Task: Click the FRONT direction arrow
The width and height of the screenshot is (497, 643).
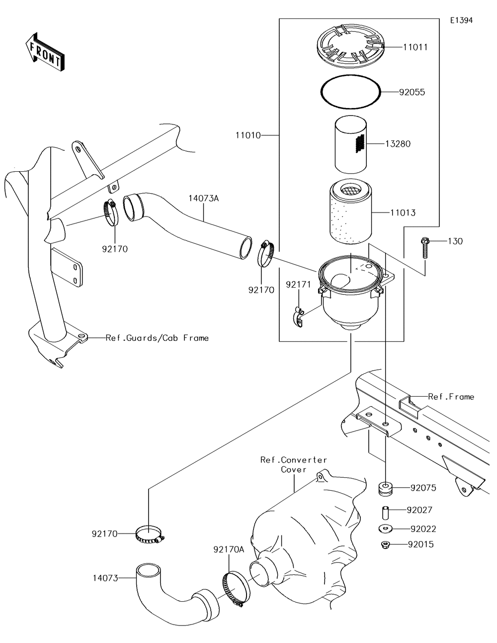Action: pos(45,51)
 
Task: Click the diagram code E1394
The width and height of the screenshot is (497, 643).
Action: pos(461,20)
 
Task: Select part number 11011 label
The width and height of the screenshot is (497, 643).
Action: pos(415,47)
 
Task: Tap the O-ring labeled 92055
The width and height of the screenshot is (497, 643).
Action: pos(350,92)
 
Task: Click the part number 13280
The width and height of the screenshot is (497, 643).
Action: pos(398,144)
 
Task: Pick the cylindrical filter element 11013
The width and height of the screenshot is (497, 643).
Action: pos(350,212)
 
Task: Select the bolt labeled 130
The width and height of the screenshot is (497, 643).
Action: pos(425,248)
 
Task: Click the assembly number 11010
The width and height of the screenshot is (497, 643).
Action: pos(248,135)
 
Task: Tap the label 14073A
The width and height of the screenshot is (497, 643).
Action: pos(204,198)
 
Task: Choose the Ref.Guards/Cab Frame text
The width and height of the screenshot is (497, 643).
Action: pos(157,338)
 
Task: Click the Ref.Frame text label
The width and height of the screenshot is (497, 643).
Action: pos(451,397)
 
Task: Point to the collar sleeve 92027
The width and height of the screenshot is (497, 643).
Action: pos(385,513)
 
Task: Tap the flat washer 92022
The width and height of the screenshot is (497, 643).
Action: pos(385,529)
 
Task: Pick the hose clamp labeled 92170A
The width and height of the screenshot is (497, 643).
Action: pos(236,589)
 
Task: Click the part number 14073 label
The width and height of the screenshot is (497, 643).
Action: pos(105,578)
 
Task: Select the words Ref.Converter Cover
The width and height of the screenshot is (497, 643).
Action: pos(293,464)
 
